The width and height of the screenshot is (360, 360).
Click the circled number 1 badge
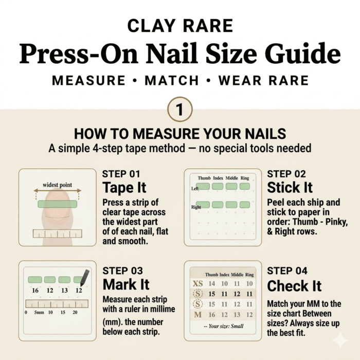pos(180,109)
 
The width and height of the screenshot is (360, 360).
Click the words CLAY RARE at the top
pos(180,26)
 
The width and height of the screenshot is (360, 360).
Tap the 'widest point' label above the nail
pos(58,185)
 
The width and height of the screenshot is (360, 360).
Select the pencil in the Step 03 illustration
pos(84,278)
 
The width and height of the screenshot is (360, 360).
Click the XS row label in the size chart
pos(197,284)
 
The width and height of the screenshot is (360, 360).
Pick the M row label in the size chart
pos(198,315)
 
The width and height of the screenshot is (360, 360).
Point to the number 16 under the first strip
pos(35,291)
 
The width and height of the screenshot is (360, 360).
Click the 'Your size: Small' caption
pos(224,326)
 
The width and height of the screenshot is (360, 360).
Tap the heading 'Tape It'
pos(124,188)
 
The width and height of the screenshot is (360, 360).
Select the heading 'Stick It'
pos(290,187)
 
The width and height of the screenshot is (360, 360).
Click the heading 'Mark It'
pos(126,284)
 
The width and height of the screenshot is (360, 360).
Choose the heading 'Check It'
pos(294,286)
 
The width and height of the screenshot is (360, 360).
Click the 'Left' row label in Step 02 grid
pos(195,189)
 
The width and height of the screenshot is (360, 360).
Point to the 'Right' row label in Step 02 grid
pos(196,207)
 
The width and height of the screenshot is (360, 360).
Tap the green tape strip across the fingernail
pos(58,204)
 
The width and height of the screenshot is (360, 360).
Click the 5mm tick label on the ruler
pos(39,312)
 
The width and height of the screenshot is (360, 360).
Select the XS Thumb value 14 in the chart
pos(212,284)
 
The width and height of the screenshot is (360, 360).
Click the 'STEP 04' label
pos(287,271)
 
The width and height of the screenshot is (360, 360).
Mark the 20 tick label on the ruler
pos(75,312)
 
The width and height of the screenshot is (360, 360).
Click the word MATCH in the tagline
pos(172,80)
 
